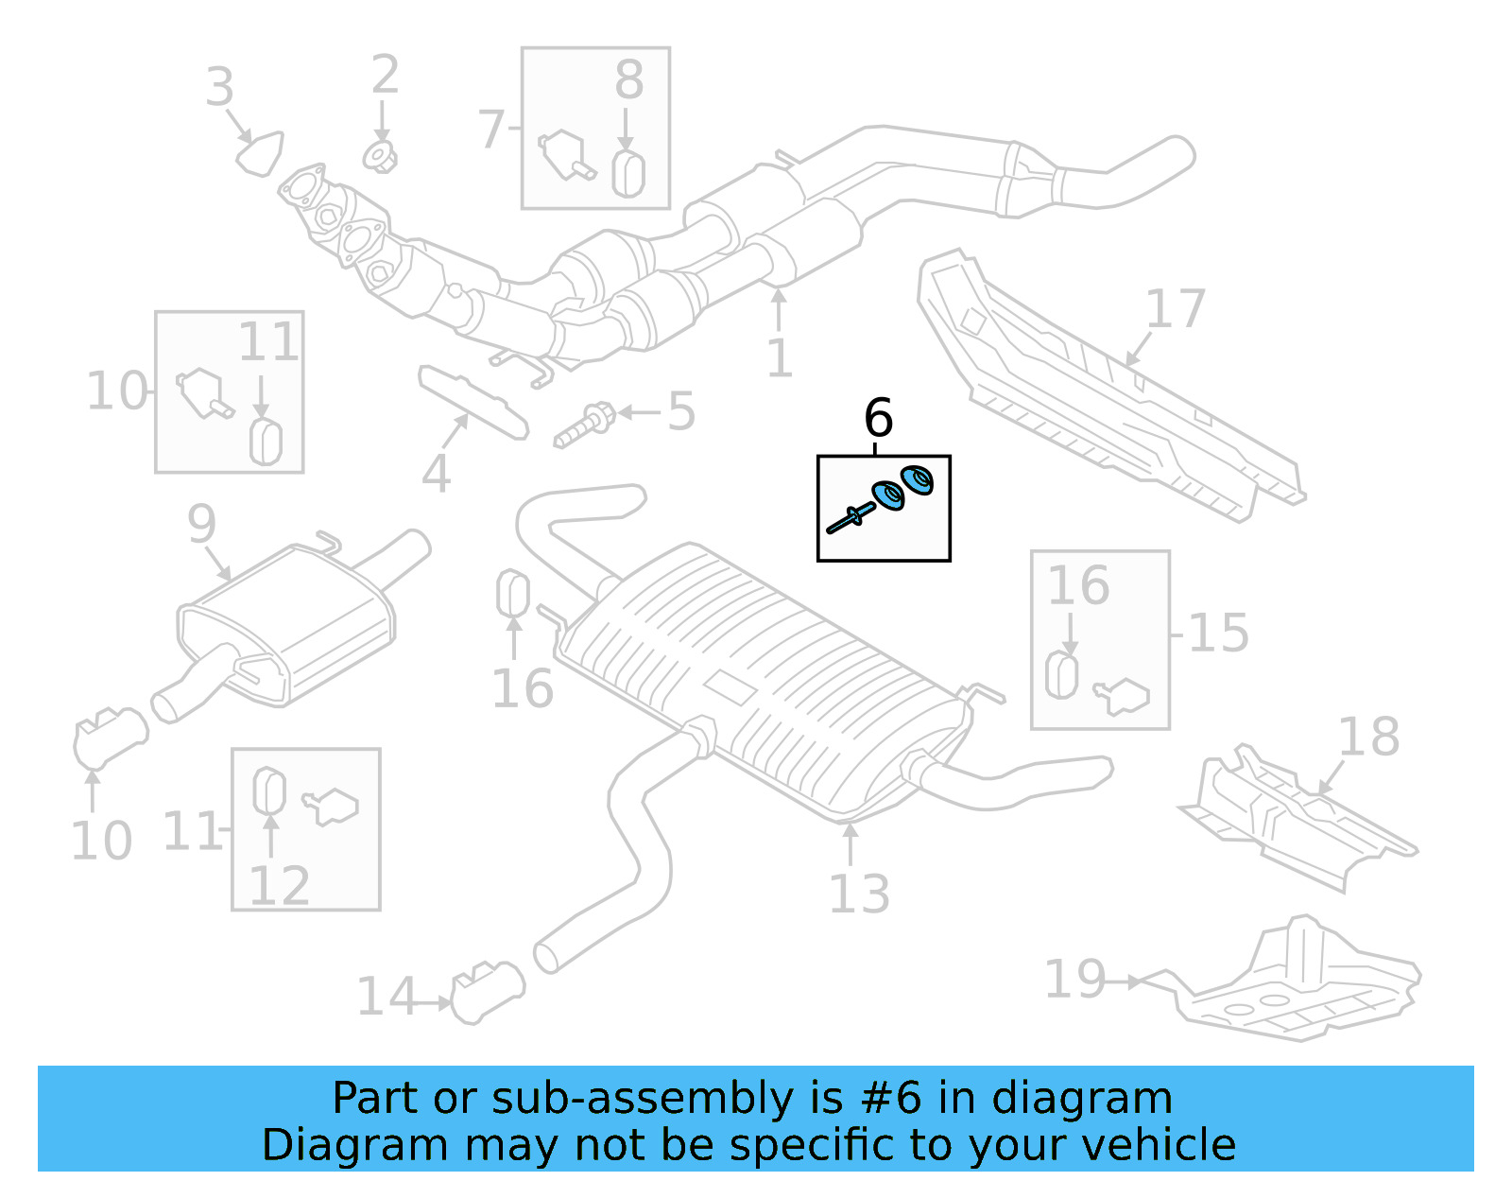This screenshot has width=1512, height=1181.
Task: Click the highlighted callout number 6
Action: click(x=878, y=418)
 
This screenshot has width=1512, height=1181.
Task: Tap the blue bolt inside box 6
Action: click(x=850, y=517)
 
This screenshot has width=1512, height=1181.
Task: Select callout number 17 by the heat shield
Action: click(x=1175, y=309)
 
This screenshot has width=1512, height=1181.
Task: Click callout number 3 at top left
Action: click(x=219, y=87)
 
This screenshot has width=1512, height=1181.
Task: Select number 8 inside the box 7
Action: click(x=628, y=80)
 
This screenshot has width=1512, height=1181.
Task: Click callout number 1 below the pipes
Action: click(x=779, y=358)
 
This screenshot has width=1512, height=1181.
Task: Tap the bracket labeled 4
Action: click(x=472, y=404)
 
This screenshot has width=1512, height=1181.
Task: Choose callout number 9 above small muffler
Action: click(x=201, y=523)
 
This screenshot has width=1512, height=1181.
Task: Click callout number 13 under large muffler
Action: click(x=858, y=894)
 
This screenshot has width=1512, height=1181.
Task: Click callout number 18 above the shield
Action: click(x=1368, y=737)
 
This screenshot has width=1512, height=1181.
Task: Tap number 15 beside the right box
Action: click(x=1218, y=633)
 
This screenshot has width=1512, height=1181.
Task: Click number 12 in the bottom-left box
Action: click(x=279, y=885)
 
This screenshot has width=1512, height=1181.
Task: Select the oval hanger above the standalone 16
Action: click(x=512, y=593)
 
